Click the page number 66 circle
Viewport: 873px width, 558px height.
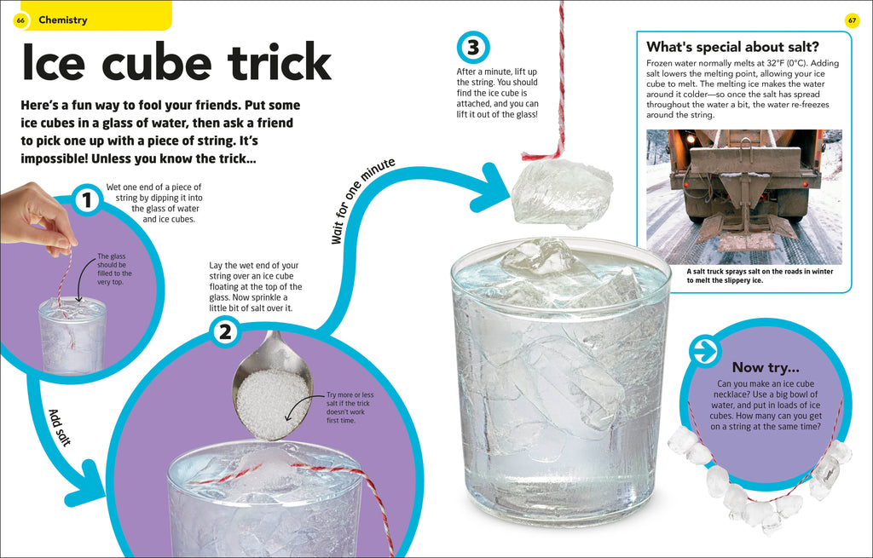[20, 20]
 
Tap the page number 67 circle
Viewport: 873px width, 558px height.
[852, 20]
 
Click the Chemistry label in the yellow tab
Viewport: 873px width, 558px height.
[62, 20]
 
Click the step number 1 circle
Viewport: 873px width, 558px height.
[86, 201]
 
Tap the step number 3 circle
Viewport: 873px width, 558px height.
[472, 46]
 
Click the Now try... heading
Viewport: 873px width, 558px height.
[766, 367]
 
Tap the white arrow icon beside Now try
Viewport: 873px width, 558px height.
[705, 351]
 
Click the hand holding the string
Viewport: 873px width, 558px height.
[34, 217]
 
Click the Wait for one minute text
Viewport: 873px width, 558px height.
[363, 202]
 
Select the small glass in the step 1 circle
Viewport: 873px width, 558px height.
[72, 336]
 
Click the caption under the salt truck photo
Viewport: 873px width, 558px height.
[748, 275]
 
